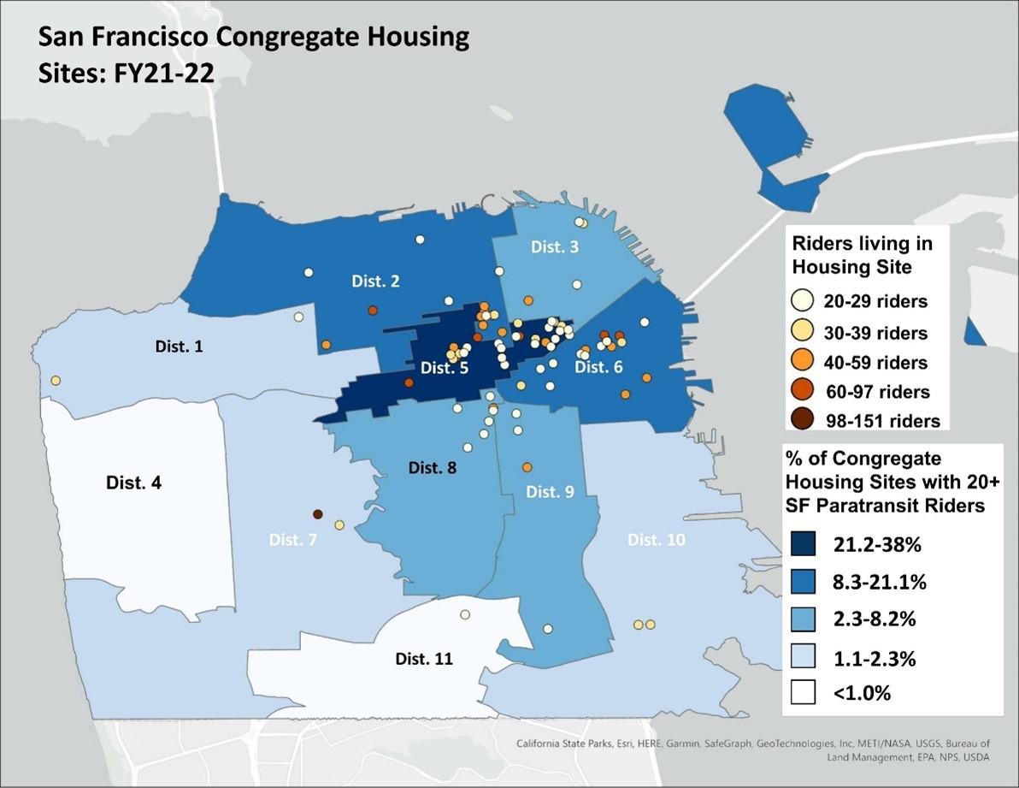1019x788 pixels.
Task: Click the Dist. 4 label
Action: pos(133,483)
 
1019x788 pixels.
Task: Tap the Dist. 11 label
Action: pos(424,659)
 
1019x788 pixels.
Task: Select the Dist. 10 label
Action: pos(656,540)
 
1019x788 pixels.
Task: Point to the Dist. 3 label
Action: pos(554,247)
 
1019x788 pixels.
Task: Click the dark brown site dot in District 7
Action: pos(317,514)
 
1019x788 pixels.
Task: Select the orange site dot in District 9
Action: pos(527,467)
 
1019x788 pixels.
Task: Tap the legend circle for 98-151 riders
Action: pos(802,419)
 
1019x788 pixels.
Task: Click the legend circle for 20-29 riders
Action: pos(802,300)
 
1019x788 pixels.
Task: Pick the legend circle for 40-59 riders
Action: pos(802,360)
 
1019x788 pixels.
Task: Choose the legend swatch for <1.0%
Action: pos(803,691)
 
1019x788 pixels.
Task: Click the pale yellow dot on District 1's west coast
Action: pos(56,380)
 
